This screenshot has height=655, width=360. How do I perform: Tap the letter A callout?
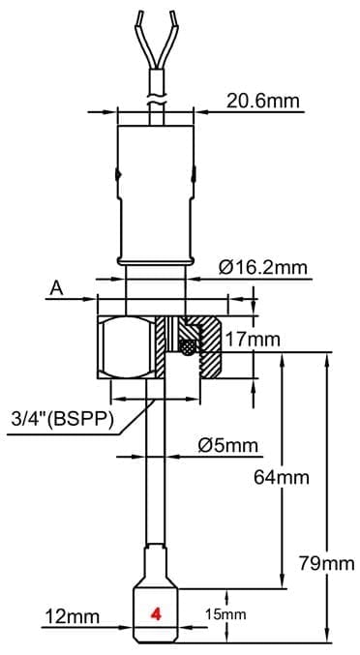click(x=56, y=286)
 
